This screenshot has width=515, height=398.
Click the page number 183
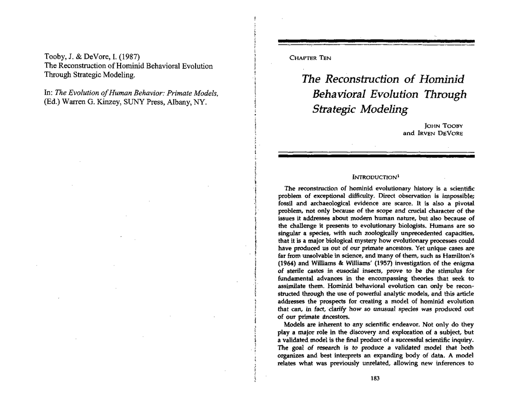pos(375,378)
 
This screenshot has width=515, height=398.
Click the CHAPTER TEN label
pos(310,58)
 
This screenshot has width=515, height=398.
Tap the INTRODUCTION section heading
pos(374,177)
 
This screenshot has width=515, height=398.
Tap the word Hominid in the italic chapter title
pos(441,79)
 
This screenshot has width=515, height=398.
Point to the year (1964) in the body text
pos(287,263)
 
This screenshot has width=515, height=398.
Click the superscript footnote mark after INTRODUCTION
pos(398,175)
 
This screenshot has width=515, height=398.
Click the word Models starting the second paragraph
pos(294,325)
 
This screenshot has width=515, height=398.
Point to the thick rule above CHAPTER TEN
pos(376,41)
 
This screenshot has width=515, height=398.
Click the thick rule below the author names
pos(376,156)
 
